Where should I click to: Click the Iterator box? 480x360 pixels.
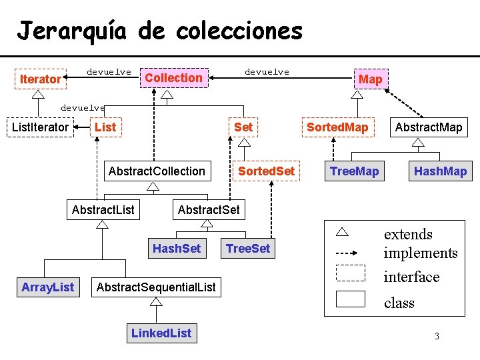click(40, 79)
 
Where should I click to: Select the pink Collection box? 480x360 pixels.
click(173, 78)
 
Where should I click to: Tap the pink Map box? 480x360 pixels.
click(370, 79)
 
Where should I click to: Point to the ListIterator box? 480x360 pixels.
click(40, 127)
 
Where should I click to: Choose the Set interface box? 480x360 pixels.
click(243, 127)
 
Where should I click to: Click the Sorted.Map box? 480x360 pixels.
click(337, 127)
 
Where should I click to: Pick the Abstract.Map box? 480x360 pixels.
click(429, 127)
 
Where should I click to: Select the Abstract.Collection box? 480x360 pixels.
click(157, 171)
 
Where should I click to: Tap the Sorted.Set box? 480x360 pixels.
click(266, 171)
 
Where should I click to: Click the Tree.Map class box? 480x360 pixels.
click(354, 171)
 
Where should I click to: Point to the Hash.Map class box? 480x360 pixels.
click(440, 171)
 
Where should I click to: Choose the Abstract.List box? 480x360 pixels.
click(103, 210)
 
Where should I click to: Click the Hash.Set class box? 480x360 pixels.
click(177, 249)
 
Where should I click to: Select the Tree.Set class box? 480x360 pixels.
click(248, 249)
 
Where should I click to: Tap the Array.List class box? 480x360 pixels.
click(47, 287)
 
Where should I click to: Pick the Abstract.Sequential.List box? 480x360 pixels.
click(157, 287)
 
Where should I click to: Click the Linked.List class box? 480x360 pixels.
click(161, 333)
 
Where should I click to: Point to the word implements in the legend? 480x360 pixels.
click(421, 253)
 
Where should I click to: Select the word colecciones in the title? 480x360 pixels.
click(221, 31)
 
